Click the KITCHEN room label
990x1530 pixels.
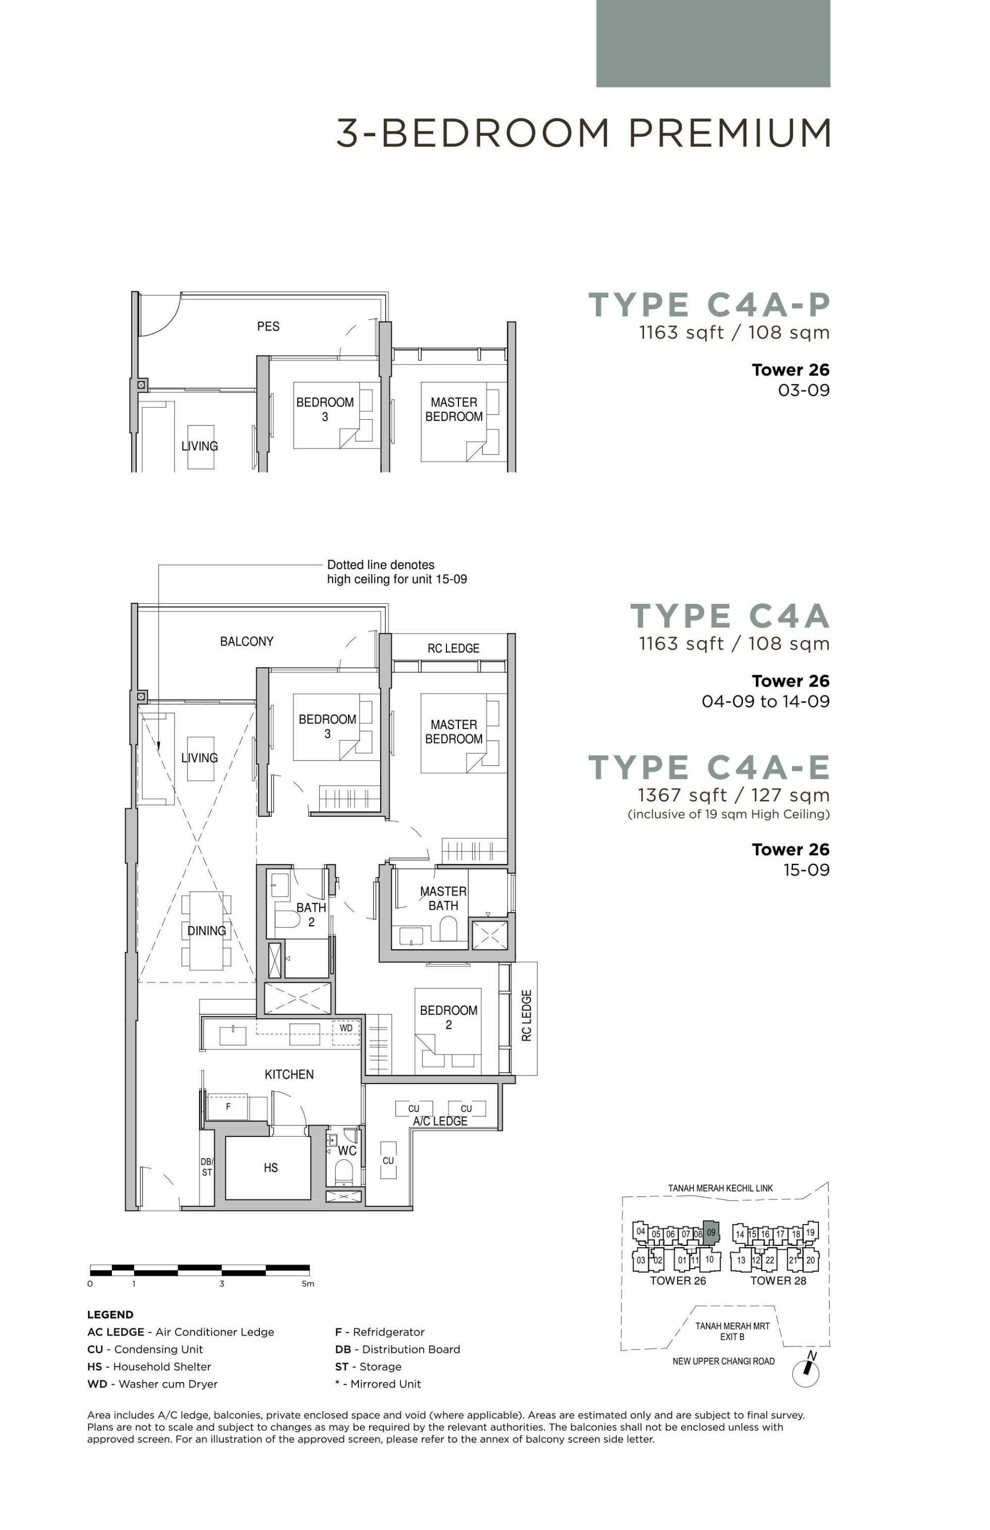(289, 1074)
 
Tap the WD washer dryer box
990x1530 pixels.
(346, 1028)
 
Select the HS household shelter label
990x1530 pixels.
(271, 1167)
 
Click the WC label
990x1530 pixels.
(347, 1150)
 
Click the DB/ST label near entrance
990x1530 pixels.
(206, 1167)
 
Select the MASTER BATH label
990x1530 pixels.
(443, 898)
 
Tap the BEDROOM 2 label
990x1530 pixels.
(448, 1017)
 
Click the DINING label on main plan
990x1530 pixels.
(206, 930)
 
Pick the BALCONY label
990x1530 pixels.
(247, 641)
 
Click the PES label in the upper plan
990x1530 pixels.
(268, 326)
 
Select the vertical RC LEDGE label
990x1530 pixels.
(526, 1016)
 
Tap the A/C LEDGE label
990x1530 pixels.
(440, 1121)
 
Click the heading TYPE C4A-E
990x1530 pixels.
(709, 767)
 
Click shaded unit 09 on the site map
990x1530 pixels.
(711, 1232)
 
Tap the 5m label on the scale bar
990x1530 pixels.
(308, 1284)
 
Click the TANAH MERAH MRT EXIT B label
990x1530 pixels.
(732, 1331)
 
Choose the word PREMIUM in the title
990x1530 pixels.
(729, 133)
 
